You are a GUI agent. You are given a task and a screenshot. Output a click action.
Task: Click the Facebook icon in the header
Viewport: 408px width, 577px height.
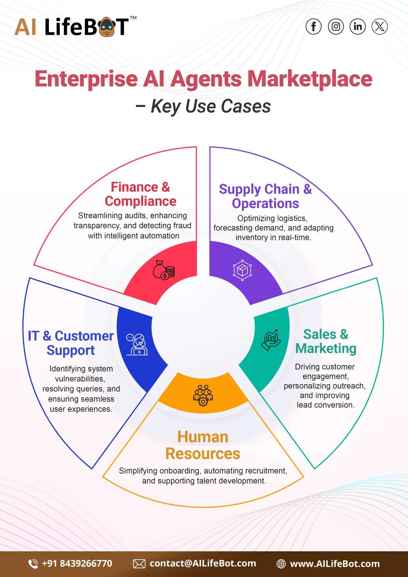(x=313, y=27)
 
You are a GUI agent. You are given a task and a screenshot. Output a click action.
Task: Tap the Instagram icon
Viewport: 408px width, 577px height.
(x=336, y=27)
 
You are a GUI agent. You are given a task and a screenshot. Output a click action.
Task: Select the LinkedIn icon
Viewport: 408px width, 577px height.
(x=358, y=27)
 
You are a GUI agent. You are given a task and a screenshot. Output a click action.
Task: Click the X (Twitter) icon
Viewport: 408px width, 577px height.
(x=380, y=27)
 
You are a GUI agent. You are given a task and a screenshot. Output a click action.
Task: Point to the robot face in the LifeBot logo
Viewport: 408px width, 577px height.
(x=106, y=27)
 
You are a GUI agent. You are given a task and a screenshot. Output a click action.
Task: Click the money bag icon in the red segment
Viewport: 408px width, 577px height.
(x=163, y=270)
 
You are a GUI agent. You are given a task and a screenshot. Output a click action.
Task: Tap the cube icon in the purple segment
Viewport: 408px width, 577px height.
(x=242, y=270)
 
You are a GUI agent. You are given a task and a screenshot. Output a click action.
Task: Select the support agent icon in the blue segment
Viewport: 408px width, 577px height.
(x=137, y=345)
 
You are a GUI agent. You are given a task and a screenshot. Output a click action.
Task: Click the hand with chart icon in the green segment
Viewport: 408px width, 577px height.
(x=271, y=340)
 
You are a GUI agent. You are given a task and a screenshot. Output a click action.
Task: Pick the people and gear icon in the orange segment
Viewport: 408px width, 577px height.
(x=203, y=395)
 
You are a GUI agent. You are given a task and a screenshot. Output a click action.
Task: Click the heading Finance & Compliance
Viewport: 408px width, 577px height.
(x=140, y=194)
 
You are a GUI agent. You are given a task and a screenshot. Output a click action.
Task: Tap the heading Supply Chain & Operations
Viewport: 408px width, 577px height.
(x=265, y=196)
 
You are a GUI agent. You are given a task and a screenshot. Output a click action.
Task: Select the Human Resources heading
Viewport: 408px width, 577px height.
(x=203, y=445)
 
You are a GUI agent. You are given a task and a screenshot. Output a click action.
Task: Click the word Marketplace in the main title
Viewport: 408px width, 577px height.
(x=310, y=79)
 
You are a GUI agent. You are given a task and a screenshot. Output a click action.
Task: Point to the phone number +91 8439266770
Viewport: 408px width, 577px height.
(x=77, y=564)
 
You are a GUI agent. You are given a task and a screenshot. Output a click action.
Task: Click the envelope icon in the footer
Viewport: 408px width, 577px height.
(x=139, y=564)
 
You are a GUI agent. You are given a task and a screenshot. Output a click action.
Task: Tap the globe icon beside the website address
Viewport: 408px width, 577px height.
(x=281, y=564)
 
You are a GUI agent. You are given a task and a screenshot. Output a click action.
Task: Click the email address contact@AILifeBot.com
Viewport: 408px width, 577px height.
(x=203, y=564)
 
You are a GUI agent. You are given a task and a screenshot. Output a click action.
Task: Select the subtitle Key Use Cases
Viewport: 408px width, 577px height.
(x=211, y=106)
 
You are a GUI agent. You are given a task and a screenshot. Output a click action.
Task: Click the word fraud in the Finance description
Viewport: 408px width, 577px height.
(x=183, y=226)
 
